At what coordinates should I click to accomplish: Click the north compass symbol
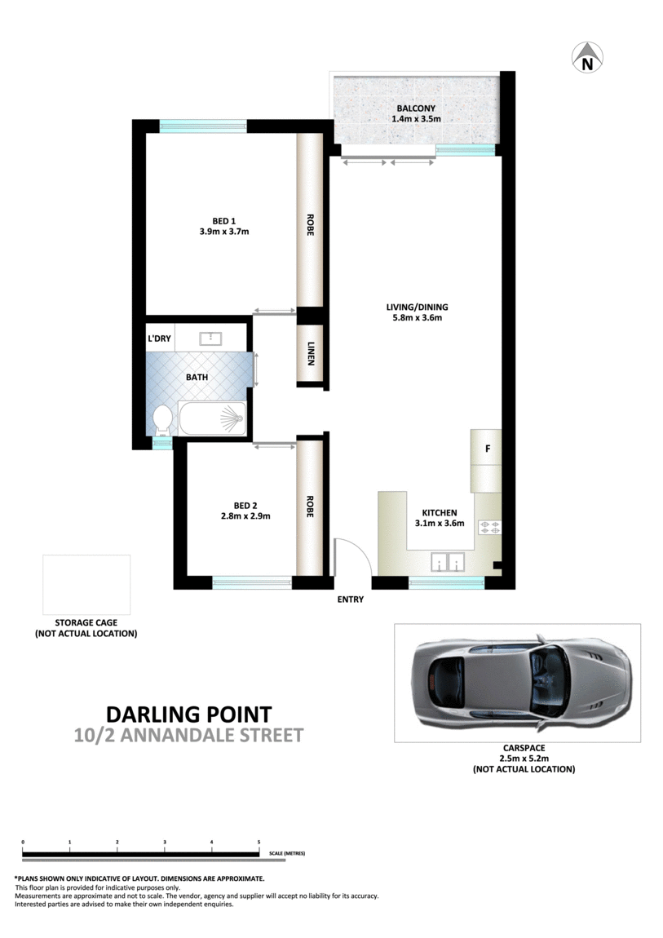[586, 56]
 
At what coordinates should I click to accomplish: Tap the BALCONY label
[416, 108]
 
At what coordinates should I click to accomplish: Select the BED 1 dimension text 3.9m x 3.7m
[223, 232]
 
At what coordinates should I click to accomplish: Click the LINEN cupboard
[310, 355]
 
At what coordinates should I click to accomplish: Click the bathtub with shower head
[211, 418]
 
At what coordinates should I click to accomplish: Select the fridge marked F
[487, 449]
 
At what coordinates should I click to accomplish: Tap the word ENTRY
[350, 600]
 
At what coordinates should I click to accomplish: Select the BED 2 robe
[309, 507]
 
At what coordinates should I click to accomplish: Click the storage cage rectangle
[86, 584]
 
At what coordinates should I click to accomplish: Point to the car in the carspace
[522, 681]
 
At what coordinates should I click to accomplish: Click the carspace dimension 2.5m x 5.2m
[524, 758]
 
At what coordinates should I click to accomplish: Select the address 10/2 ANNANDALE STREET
[188, 736]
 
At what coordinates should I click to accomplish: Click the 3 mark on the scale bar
[165, 842]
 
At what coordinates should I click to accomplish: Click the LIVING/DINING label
[418, 308]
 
